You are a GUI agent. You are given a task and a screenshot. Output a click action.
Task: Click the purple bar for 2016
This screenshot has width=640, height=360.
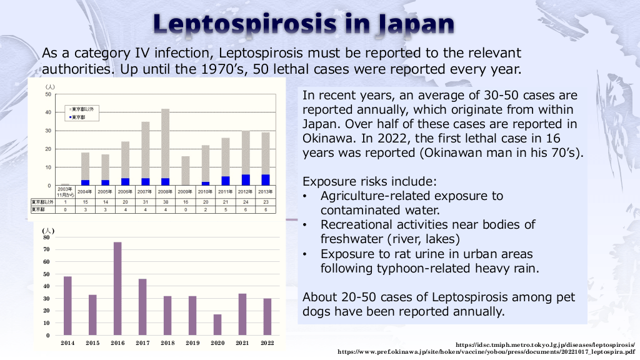(117, 288)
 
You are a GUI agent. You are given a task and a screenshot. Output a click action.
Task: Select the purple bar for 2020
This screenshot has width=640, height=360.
(217, 324)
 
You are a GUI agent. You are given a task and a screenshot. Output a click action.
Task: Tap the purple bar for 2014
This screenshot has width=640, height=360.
(67, 306)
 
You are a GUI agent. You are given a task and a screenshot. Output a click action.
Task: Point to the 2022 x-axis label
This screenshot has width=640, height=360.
(267, 343)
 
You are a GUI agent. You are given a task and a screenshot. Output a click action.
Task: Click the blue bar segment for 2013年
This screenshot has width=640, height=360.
(266, 180)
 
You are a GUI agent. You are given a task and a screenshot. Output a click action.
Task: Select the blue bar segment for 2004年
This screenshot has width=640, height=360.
(85, 182)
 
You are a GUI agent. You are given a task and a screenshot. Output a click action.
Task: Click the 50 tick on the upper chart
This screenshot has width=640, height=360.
(48, 94)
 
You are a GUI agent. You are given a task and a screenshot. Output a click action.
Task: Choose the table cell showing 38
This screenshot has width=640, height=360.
(165, 202)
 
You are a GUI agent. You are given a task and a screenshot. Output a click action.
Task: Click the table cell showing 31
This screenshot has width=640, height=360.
(145, 202)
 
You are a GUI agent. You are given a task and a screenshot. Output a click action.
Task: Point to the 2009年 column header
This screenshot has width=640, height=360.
(185, 191)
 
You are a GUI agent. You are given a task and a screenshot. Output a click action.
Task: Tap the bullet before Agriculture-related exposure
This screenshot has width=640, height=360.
(304, 196)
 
